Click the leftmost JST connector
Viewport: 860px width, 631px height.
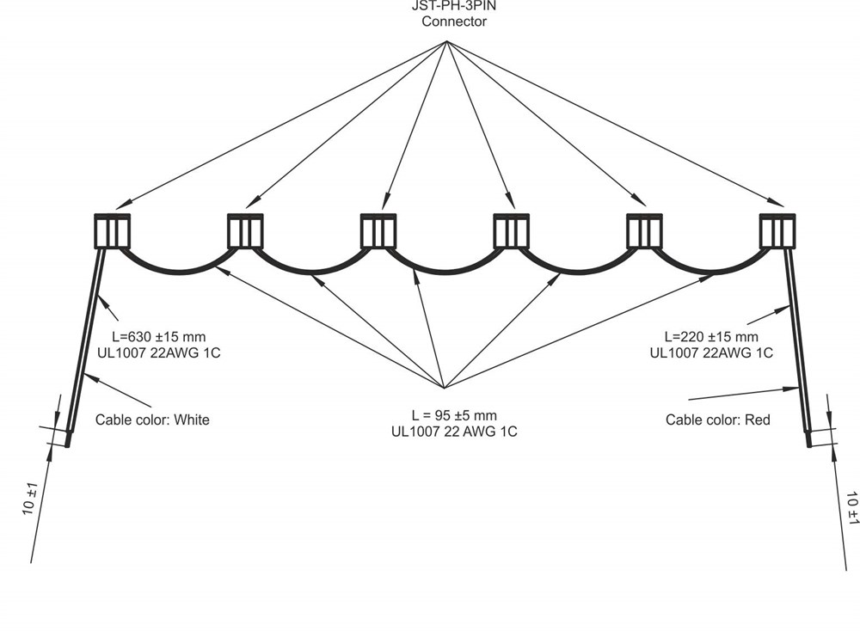pyautogui.click(x=112, y=230)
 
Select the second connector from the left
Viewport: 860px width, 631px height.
pyautogui.click(x=245, y=230)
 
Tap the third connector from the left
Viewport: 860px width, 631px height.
pyautogui.click(x=378, y=230)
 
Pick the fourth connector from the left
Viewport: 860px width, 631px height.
pyautogui.click(x=511, y=230)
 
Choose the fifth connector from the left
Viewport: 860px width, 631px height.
pyautogui.click(x=644, y=230)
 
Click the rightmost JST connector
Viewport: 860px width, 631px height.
pyautogui.click(x=777, y=230)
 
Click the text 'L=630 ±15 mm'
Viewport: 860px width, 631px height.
pyautogui.click(x=159, y=336)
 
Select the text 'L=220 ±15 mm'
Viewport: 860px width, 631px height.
pyautogui.click(x=711, y=336)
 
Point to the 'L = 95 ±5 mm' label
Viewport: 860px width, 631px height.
pyautogui.click(x=442, y=415)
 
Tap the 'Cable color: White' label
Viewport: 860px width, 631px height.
pyautogui.click(x=152, y=420)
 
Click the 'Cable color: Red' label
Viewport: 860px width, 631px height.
pyautogui.click(x=718, y=420)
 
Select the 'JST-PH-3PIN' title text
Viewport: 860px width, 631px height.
pyautogui.click(x=453, y=5)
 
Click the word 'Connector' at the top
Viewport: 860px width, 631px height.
pyautogui.click(x=453, y=21)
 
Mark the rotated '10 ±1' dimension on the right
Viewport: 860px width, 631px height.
pyautogui.click(x=852, y=507)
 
